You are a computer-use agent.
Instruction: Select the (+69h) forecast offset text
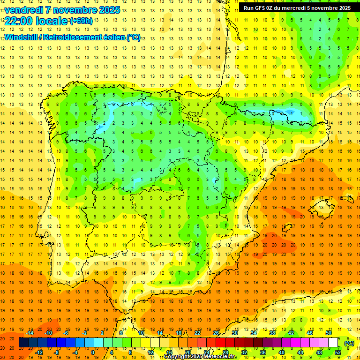[x=81, y=21]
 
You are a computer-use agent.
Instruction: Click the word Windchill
[x=20, y=37]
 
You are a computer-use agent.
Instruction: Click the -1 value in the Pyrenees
[x=291, y=113]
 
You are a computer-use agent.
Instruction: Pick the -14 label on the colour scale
[x=30, y=333]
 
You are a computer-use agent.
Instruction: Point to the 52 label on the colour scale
[x=338, y=352]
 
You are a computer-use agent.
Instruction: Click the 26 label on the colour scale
[x=216, y=333]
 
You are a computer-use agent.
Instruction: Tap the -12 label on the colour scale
[x=39, y=352]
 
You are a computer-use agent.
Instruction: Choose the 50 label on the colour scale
[x=329, y=333]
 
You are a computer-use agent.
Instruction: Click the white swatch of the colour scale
[x=333, y=343]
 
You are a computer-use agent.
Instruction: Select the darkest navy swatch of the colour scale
[x=23, y=343]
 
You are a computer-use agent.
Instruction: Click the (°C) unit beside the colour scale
[x=349, y=343]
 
